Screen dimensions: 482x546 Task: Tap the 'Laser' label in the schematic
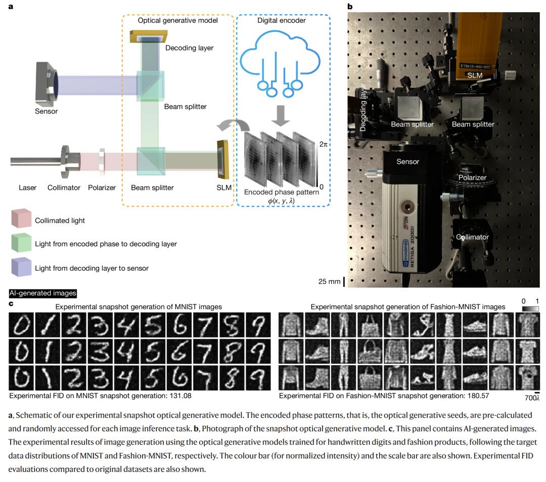pos(27,188)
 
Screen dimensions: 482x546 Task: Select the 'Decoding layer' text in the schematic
pos(190,48)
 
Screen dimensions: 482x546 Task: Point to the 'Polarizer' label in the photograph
pos(472,178)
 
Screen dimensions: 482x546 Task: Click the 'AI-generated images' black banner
pos(43,293)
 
